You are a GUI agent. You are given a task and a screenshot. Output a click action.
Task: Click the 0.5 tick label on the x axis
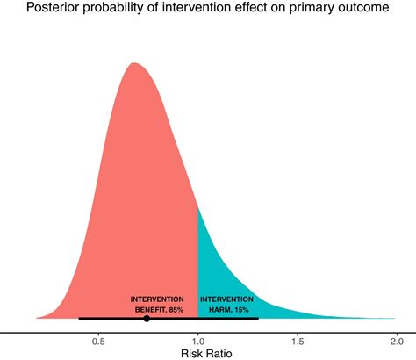[98, 341]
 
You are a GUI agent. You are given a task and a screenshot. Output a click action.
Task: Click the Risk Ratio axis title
[207, 353]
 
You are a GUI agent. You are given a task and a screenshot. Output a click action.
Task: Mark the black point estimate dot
[147, 319]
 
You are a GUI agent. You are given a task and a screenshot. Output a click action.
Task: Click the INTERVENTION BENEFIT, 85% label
[157, 304]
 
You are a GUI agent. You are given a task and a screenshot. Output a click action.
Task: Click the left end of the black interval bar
[79, 319]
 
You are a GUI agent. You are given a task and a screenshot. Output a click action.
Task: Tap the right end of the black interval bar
[258, 319]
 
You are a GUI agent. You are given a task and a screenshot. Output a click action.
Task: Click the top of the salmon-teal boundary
[197, 207]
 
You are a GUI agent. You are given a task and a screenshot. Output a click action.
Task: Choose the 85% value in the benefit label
[176, 310]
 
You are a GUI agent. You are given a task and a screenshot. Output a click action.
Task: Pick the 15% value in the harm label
[241, 310]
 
